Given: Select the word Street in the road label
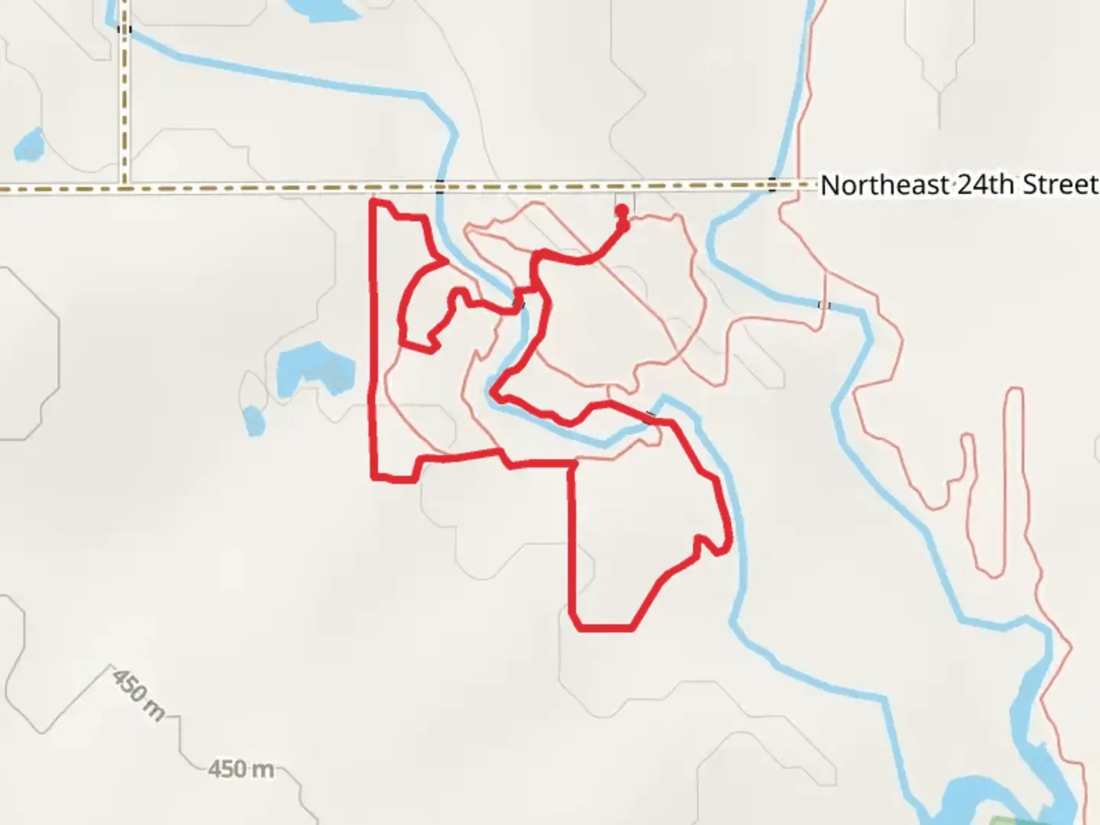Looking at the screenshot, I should [1060, 185].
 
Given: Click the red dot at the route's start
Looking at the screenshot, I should [622, 211].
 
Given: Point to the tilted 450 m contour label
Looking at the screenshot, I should [138, 694].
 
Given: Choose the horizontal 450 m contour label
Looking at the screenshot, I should [241, 768].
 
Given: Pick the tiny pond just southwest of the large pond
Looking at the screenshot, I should [253, 420].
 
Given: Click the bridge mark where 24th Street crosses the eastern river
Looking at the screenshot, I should [772, 184].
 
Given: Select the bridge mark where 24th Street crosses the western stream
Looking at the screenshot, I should [439, 185].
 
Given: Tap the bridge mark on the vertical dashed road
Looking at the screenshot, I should [124, 30].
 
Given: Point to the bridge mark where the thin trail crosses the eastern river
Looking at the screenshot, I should [823, 305].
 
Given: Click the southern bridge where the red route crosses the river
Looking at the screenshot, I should [649, 417].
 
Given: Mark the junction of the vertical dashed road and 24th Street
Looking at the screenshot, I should [124, 186].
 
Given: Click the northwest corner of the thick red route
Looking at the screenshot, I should [372, 201].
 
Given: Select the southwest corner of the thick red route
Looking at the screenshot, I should [374, 477].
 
